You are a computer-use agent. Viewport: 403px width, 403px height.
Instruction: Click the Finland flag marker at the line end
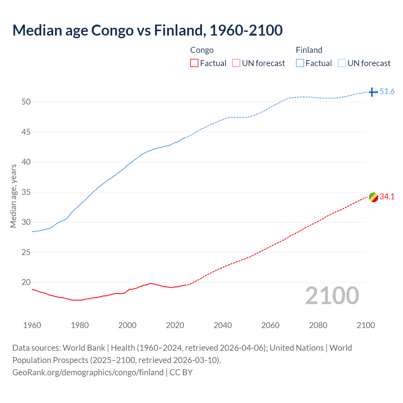pos(373,92)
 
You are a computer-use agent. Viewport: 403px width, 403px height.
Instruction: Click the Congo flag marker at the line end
pos(373,197)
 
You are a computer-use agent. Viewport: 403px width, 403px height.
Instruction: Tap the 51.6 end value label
pos(387,92)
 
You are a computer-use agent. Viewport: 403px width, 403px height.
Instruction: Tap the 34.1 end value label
pos(387,197)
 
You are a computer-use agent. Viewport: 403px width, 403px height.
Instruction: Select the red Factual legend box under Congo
pos(194,63)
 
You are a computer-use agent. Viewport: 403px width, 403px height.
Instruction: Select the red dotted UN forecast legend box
pos(236,63)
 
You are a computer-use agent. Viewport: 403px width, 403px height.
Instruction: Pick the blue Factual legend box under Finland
pos(300,63)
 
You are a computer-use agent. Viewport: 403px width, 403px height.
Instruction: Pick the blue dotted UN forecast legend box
pos(342,63)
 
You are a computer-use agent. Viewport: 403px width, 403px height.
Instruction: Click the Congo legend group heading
pos(202,50)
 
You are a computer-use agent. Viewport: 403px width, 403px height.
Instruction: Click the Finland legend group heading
pos(309,50)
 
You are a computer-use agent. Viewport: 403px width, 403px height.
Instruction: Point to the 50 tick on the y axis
pos(26,102)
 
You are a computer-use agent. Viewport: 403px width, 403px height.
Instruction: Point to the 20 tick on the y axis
pos(26,282)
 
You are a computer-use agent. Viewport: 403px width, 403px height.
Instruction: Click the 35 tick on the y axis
pos(26,192)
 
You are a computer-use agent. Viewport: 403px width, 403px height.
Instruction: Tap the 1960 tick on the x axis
pos(32,325)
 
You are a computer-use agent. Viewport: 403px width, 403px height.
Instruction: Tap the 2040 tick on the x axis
pos(223,325)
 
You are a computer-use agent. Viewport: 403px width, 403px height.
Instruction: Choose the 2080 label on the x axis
pos(318,325)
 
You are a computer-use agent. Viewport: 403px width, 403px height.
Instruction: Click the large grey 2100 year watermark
pos(332,295)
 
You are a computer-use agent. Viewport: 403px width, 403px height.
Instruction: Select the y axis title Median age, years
pos(13,196)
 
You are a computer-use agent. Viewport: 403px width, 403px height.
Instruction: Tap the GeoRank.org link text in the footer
pos(88,372)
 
